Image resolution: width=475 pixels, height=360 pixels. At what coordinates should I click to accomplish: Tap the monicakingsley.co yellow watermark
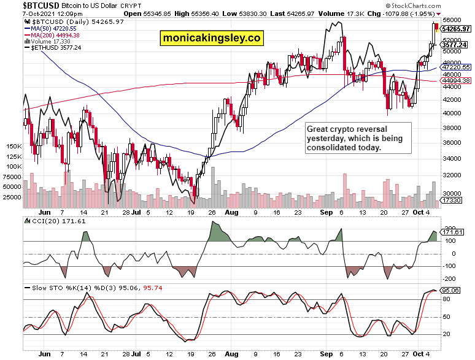pos(212,38)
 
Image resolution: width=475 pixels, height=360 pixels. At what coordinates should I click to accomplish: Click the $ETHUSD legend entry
pos(56,47)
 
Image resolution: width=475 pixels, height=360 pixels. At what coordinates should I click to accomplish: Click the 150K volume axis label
pos(14,147)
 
